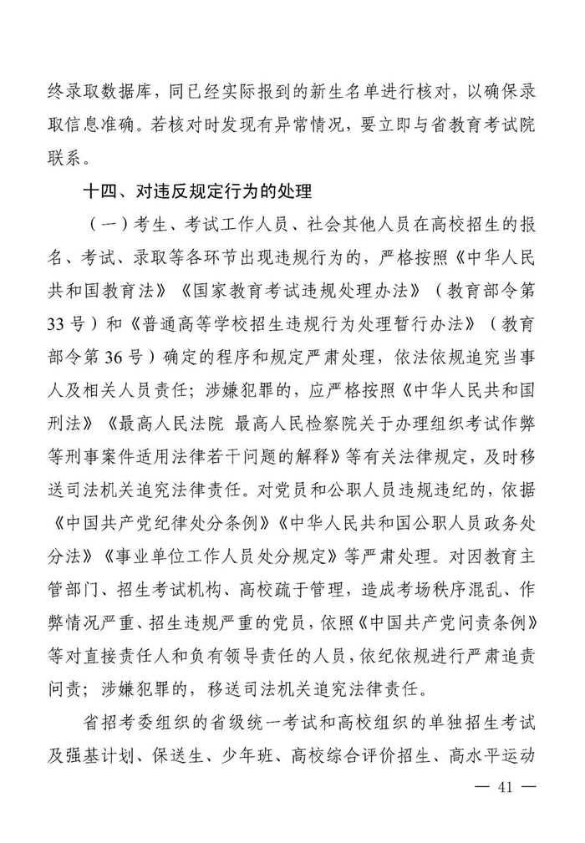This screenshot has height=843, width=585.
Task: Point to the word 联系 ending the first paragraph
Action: [68, 158]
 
